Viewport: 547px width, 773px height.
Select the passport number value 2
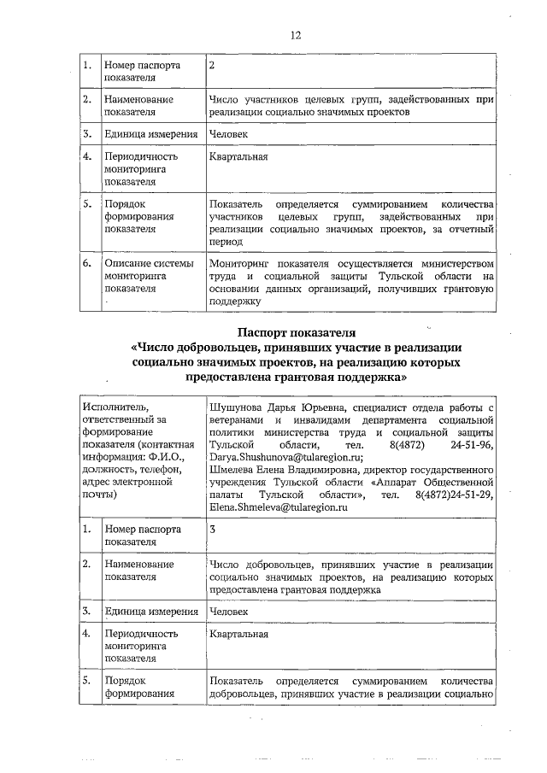pyautogui.click(x=213, y=65)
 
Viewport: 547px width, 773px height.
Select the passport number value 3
pyautogui.click(x=213, y=530)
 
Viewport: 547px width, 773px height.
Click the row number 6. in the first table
pyautogui.click(x=87, y=263)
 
